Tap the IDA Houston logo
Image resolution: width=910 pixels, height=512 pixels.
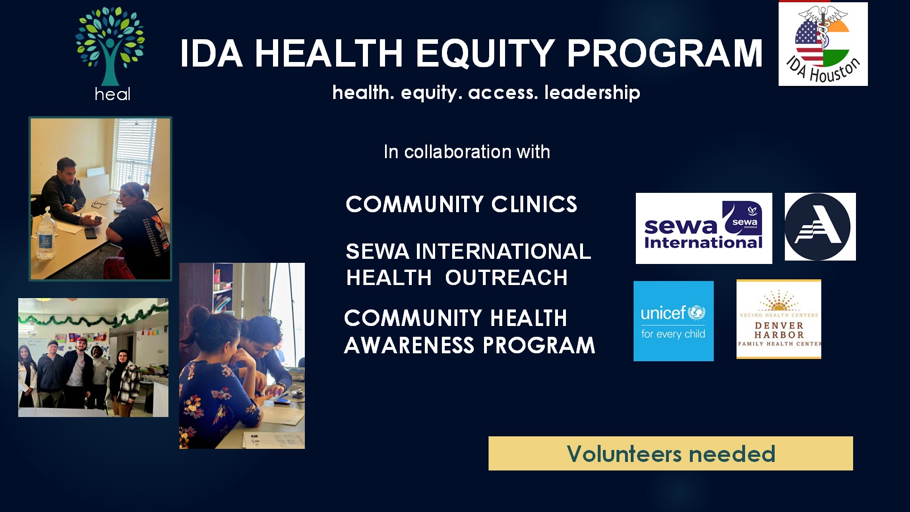click(x=823, y=44)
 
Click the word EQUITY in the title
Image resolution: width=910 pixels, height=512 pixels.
click(x=485, y=53)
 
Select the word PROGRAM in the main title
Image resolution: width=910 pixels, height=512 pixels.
click(x=665, y=53)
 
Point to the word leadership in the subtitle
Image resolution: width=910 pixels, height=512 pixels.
click(x=592, y=92)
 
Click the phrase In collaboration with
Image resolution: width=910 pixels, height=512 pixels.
click(x=467, y=152)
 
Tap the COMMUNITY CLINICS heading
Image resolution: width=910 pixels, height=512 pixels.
click(x=461, y=204)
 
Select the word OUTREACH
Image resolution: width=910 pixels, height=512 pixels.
click(x=506, y=278)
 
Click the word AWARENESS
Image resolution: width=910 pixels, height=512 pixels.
click(x=409, y=345)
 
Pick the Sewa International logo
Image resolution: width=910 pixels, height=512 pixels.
click(x=704, y=228)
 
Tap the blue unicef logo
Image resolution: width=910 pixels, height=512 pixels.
click(x=673, y=321)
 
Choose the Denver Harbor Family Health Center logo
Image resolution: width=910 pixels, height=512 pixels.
click(x=779, y=319)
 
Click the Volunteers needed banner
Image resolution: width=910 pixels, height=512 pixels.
click(x=671, y=453)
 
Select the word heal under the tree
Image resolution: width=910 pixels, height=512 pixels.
click(x=113, y=94)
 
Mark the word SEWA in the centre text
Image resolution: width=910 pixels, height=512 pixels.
click(x=378, y=251)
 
